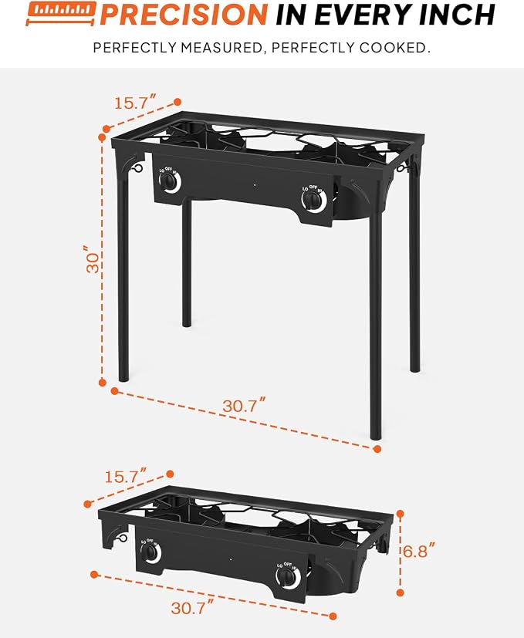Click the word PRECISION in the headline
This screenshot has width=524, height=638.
point(183,14)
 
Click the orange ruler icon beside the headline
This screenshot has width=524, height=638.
point(61,13)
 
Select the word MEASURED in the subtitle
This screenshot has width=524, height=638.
point(221,48)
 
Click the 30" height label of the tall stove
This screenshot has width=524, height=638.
point(93,259)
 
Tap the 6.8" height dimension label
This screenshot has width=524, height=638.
point(419,551)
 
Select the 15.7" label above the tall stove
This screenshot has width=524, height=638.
point(135,102)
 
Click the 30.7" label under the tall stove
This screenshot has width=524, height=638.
point(244,406)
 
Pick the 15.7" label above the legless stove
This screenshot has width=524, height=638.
point(126,476)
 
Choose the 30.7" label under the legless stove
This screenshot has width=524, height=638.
point(192,607)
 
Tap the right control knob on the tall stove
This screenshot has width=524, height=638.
point(314,200)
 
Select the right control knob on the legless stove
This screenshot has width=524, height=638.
point(288,577)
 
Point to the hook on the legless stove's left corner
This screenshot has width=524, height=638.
point(121,538)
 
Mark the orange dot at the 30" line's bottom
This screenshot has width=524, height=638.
point(103,383)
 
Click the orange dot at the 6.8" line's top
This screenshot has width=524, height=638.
point(401,515)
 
